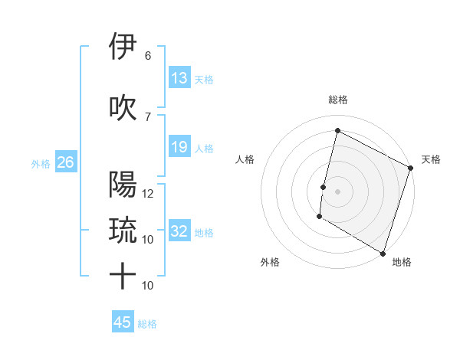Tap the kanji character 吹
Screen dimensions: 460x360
point(123,107)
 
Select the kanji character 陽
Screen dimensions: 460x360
point(123,184)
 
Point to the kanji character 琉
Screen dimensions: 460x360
point(123,230)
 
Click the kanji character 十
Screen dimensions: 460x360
point(123,276)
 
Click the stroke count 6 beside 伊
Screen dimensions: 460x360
point(148,56)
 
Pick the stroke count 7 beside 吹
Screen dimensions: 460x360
point(148,116)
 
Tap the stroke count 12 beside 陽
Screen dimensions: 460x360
point(149,194)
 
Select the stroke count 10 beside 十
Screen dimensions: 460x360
point(149,286)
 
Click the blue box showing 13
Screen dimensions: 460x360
point(179,78)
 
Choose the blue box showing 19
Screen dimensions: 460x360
point(179,147)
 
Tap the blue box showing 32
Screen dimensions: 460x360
point(179,231)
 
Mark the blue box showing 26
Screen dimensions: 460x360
point(66,162)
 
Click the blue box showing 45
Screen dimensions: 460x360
point(123,322)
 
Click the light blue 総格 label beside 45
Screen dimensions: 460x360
point(147,324)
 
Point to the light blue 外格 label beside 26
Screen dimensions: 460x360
point(41,163)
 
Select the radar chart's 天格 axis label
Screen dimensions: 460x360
point(431,159)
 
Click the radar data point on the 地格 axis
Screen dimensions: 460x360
point(382,253)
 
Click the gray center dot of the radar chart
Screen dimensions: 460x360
point(337,191)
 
